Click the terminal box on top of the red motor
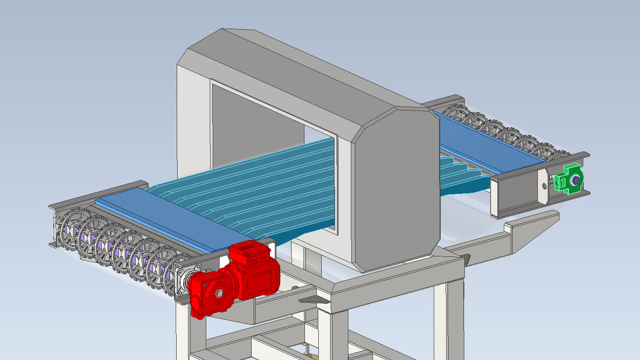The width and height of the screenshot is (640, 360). tap(249, 252)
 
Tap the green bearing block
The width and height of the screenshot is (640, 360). tap(567, 178)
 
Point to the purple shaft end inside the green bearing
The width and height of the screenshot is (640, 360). tap(575, 180)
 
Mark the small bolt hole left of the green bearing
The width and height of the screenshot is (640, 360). tap(544, 185)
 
